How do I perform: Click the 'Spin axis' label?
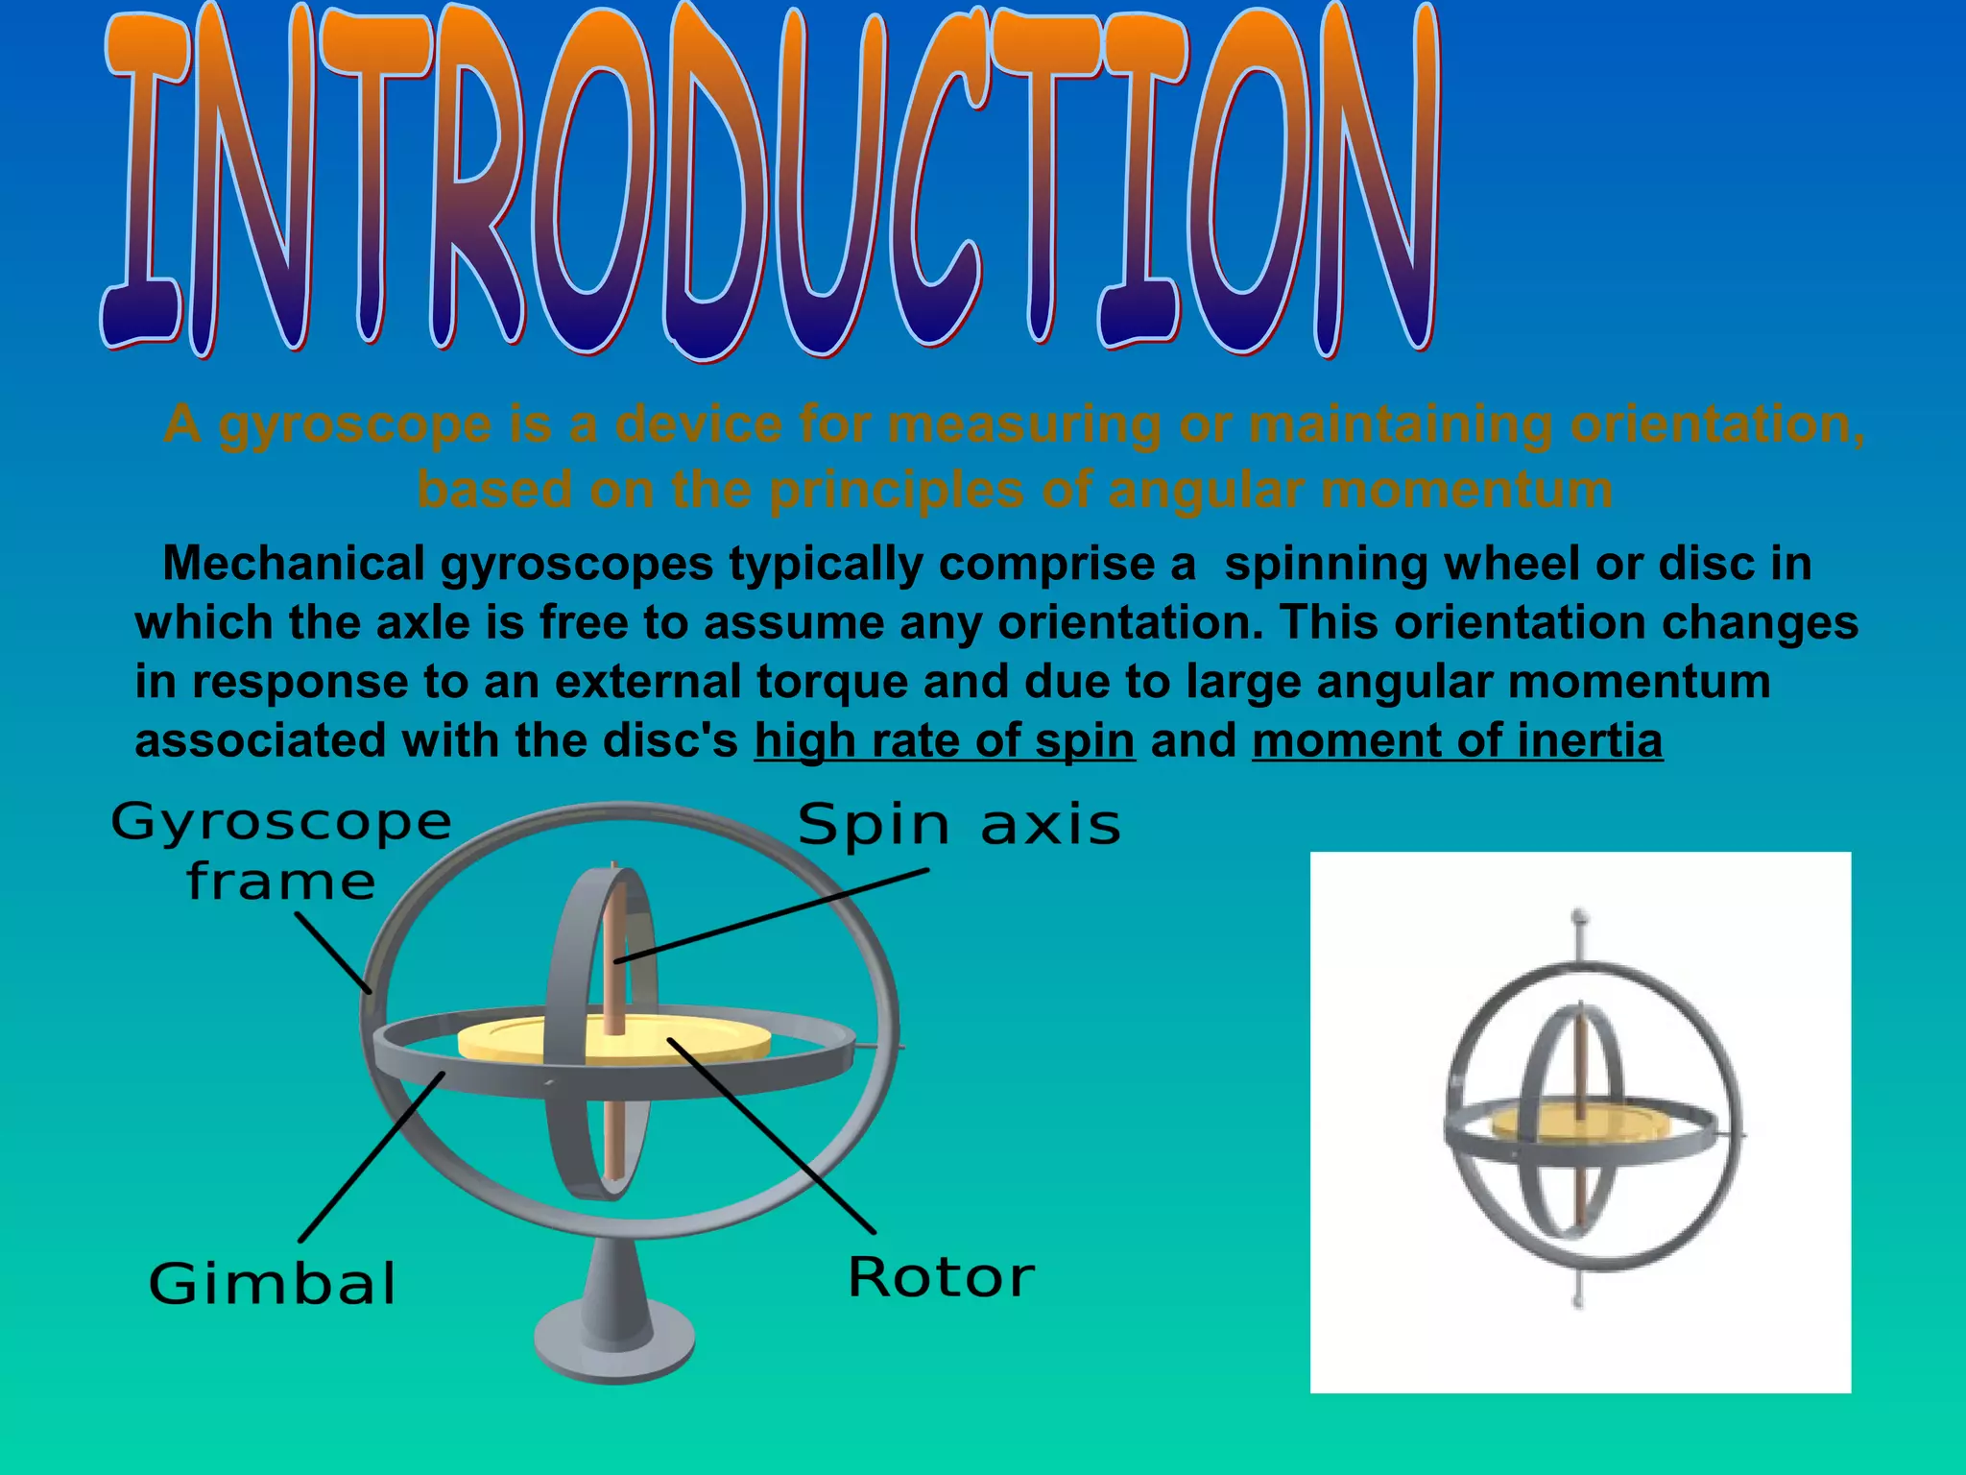click(958, 826)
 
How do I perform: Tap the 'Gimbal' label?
click(273, 1284)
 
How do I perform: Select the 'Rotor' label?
click(941, 1278)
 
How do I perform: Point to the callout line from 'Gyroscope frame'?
click(333, 952)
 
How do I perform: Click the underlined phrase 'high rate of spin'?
click(945, 741)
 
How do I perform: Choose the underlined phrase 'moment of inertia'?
click(1456, 741)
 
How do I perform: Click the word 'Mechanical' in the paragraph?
click(294, 564)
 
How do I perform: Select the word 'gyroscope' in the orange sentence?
click(355, 424)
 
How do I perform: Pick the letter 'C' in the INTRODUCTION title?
click(936, 182)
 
